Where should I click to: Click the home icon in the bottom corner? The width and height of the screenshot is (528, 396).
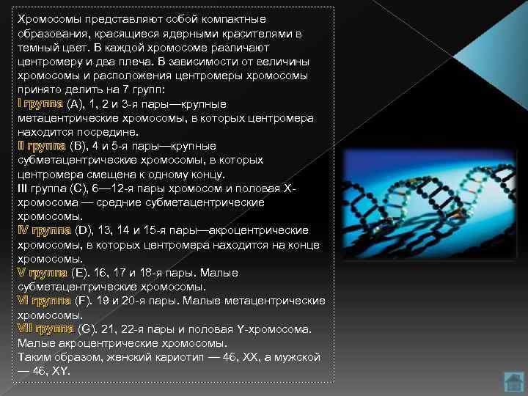(x=513, y=381)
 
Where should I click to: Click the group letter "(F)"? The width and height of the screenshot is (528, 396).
(x=84, y=301)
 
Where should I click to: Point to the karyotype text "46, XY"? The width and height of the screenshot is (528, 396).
(x=51, y=371)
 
